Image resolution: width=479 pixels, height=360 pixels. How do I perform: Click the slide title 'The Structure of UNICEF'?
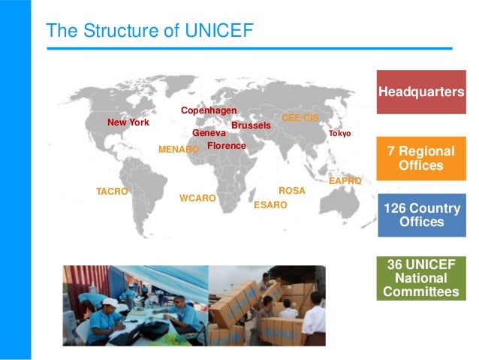(x=149, y=31)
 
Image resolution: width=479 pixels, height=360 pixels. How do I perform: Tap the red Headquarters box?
(x=420, y=92)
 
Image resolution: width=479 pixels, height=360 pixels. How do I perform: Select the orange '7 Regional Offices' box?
(x=420, y=158)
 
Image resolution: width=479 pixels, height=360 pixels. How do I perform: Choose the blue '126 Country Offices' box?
(x=420, y=215)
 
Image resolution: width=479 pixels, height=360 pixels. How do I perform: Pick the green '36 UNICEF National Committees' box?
(x=420, y=278)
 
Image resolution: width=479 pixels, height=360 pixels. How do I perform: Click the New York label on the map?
(x=128, y=122)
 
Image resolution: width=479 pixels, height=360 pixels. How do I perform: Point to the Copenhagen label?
(x=209, y=111)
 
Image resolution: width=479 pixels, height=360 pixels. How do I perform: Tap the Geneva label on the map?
(x=209, y=133)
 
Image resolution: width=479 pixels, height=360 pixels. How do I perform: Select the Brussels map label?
(x=251, y=125)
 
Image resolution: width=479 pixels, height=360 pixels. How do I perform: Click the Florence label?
(x=226, y=145)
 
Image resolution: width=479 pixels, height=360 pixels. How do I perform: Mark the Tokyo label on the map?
(x=339, y=134)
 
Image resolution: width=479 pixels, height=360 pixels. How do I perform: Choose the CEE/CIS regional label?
(x=300, y=118)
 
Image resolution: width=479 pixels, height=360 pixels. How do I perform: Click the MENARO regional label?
(x=179, y=150)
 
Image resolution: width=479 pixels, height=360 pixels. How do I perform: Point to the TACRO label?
(x=112, y=192)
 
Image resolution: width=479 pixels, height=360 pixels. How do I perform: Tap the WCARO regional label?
(x=197, y=198)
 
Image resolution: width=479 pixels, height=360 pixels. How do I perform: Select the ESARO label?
(x=270, y=204)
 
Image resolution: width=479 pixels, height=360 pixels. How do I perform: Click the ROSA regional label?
(x=291, y=191)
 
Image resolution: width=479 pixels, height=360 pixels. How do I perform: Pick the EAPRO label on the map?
(x=345, y=182)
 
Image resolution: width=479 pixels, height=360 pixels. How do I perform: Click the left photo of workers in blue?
(x=135, y=305)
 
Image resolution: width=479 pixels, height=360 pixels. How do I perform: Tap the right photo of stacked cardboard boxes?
(x=267, y=305)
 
